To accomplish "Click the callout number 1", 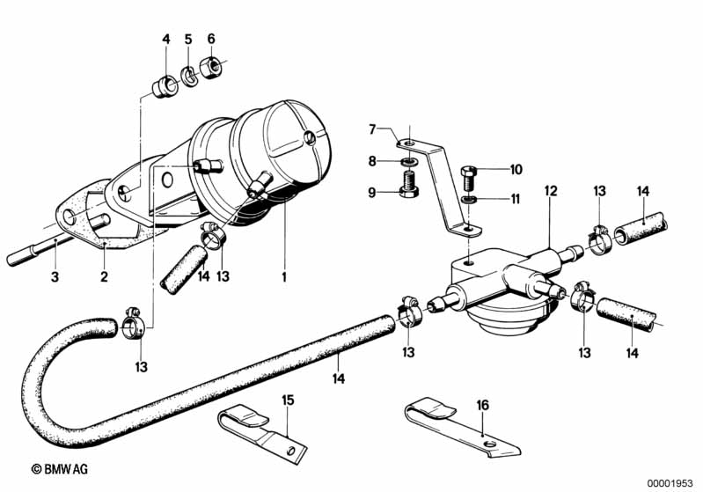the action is pyautogui.click(x=284, y=276).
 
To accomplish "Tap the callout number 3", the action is pyautogui.click(x=55, y=276).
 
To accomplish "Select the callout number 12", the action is pyautogui.click(x=551, y=191).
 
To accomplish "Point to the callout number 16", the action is pyautogui.click(x=482, y=406).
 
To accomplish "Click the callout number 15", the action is pyautogui.click(x=288, y=400).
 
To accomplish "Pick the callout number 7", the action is pyautogui.click(x=372, y=129).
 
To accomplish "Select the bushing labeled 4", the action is pyautogui.click(x=165, y=86).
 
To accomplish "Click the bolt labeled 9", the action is pyautogui.click(x=408, y=186).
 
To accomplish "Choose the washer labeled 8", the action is pyautogui.click(x=408, y=160).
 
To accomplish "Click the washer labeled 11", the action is pyautogui.click(x=468, y=199).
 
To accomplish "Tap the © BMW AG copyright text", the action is pyautogui.click(x=60, y=470).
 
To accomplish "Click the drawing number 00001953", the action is pyautogui.click(x=670, y=483).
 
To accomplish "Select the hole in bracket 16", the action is pyautogui.click(x=490, y=444).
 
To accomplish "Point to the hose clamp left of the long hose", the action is pyautogui.click(x=134, y=325).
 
